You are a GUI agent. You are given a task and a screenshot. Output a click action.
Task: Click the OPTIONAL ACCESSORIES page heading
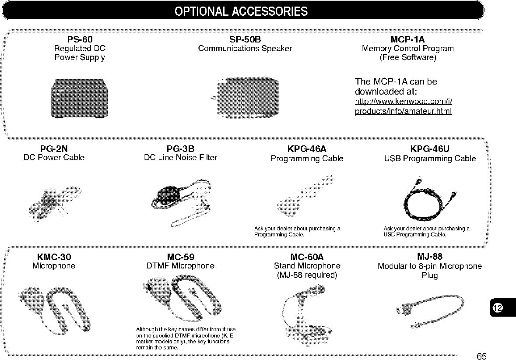point(241,11)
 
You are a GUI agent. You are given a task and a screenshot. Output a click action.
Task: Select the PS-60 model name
point(80,39)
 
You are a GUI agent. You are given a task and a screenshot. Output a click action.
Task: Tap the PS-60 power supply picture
point(80,98)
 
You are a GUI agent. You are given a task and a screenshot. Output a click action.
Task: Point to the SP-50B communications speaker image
point(246,98)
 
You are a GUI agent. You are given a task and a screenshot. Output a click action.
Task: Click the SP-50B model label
point(245,39)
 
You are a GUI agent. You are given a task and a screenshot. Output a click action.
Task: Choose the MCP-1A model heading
point(407,39)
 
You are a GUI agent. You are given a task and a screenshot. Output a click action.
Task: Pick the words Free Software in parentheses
point(408,57)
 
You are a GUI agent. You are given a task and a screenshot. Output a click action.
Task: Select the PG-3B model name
point(180,148)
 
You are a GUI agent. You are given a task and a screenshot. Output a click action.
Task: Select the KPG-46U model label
point(430,149)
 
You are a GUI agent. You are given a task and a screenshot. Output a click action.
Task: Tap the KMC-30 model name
point(54,257)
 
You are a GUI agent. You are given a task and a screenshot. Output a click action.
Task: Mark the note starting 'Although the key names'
point(186,338)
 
